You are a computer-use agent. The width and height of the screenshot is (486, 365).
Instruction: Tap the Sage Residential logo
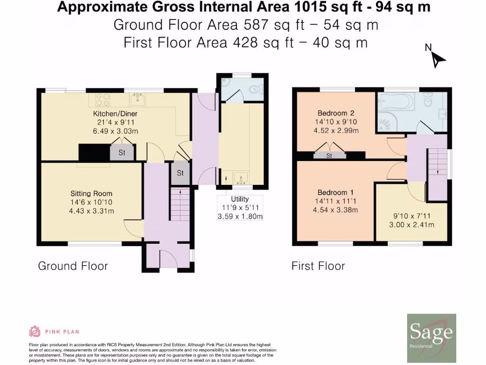(x=431, y=338)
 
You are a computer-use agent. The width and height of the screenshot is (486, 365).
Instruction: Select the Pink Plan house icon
(x=35, y=331)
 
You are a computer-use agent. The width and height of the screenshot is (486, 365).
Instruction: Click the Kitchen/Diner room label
(x=115, y=114)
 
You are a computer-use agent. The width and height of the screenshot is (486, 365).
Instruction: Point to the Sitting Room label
(x=91, y=194)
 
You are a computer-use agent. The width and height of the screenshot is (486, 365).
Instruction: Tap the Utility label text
(x=240, y=199)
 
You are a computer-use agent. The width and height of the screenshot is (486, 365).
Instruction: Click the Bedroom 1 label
(x=336, y=192)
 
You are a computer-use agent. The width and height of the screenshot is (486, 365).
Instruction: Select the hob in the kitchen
(x=103, y=100)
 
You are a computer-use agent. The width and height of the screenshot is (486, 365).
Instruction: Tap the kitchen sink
(x=137, y=99)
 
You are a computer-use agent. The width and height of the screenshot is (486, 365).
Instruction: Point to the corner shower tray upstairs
(x=387, y=121)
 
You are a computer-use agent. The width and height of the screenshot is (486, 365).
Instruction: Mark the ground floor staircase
(x=180, y=204)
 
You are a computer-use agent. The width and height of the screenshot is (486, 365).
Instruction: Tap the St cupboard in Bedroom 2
(x=329, y=155)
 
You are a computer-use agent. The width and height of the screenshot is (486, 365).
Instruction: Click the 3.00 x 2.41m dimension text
(x=411, y=225)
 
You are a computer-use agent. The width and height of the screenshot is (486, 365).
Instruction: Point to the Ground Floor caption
(x=73, y=266)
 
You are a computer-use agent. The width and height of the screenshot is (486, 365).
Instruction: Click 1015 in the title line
(x=311, y=7)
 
